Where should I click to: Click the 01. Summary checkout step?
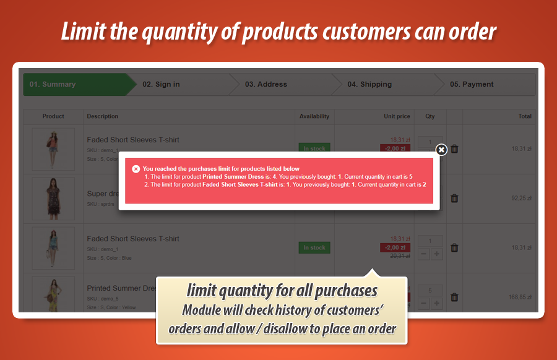tap(53, 84)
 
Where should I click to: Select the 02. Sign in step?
tap(161, 84)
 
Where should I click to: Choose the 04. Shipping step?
tap(369, 84)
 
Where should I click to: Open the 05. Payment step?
tap(472, 84)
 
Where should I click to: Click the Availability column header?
tap(314, 116)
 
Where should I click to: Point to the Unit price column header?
tap(397, 116)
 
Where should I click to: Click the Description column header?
tap(103, 116)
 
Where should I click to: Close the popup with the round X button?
tap(441, 150)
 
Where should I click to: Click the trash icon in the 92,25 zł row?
tap(454, 199)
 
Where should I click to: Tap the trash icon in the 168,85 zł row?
tap(454, 298)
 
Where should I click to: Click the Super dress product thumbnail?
tap(53, 199)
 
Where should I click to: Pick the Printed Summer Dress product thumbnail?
tap(53, 295)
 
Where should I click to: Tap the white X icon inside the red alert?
tap(136, 168)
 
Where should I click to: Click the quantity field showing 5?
tap(430, 289)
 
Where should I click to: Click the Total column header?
tap(525, 116)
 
